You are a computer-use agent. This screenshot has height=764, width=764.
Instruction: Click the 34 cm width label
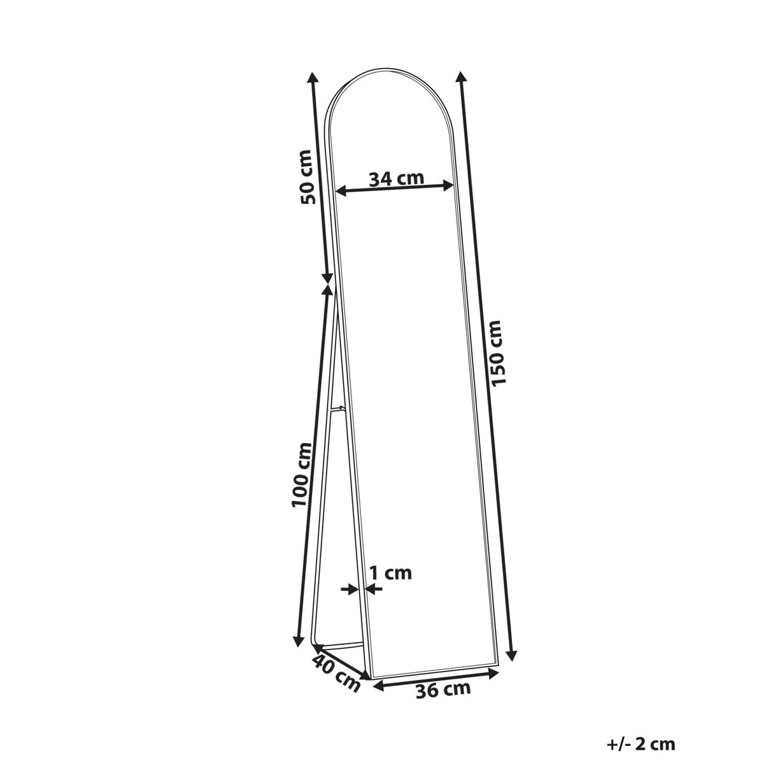396,179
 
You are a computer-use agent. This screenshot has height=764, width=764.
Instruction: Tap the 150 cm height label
498,353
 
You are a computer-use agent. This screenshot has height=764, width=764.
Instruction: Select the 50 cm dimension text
307,177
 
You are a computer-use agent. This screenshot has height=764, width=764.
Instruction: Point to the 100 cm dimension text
301,474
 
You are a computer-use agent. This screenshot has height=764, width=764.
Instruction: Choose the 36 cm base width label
443,690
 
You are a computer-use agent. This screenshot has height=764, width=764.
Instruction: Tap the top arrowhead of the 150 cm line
460,76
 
